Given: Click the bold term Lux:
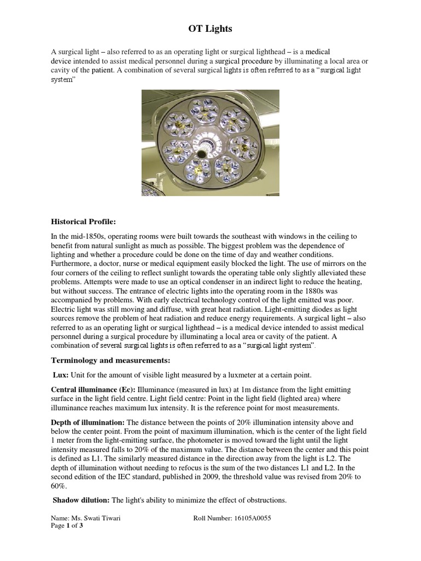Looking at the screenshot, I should (60, 375).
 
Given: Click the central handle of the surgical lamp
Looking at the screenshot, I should (206, 146).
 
